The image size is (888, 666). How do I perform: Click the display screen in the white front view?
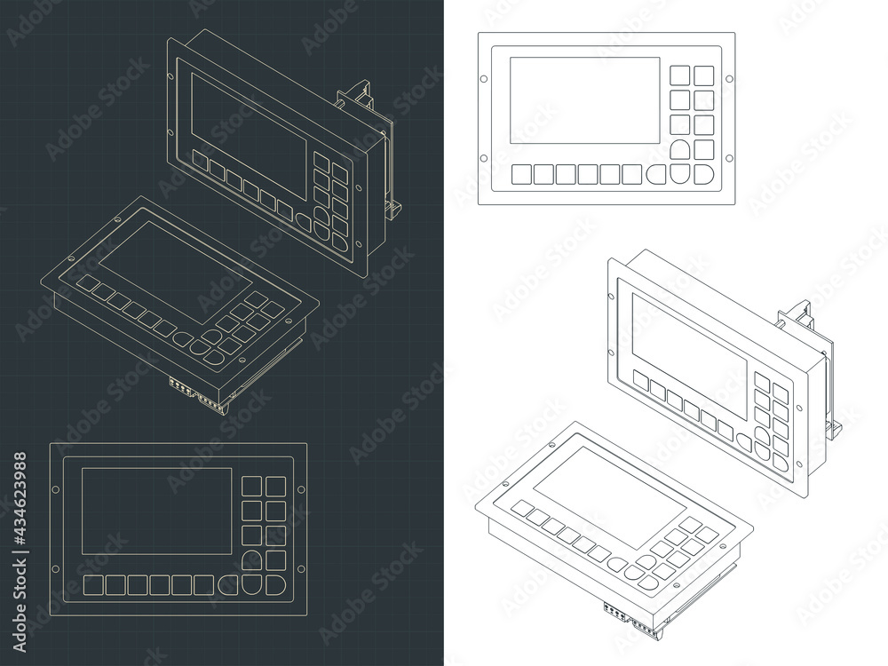coord(584,99)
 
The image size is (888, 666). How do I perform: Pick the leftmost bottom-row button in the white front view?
coord(522,174)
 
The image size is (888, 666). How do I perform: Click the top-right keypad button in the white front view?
coord(704,75)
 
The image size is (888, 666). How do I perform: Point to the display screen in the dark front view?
coord(156,511)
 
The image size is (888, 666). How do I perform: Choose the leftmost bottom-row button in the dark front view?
coord(94,585)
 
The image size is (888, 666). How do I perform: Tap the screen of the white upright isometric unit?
coord(688,355)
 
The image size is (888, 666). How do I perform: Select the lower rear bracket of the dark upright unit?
coord(393,207)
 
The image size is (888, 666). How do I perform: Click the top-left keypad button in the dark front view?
coord(252,486)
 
